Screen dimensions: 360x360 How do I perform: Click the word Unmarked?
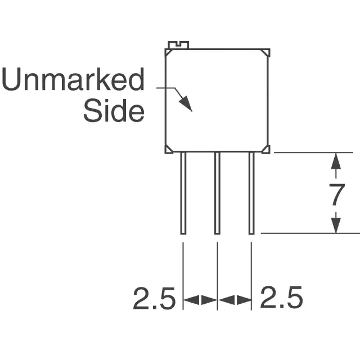pos(73,79)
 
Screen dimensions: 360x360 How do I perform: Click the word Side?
pos(114,110)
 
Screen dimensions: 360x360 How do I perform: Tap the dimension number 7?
pos(336,195)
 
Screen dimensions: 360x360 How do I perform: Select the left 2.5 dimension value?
pos(154,298)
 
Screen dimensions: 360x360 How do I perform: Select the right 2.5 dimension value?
pos(281,298)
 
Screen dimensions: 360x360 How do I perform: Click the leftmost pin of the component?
pos(183,193)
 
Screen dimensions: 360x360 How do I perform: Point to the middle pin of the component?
pos(217,193)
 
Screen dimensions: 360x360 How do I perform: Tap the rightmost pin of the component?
pos(251,193)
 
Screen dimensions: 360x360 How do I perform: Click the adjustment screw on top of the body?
pos(178,45)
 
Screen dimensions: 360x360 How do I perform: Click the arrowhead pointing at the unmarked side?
pos(186,103)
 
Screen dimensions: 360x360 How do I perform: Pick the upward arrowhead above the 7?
pos(336,161)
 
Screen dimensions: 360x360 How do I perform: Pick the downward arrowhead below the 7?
pos(336,225)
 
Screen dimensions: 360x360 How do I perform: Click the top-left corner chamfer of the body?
pos(169,52)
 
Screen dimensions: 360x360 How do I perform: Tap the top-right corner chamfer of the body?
pos(266,52)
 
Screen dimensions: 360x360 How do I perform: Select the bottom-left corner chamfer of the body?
pos(169,150)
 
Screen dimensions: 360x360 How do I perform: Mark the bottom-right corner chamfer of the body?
pos(266,150)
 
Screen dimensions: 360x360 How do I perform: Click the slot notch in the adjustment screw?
pos(178,43)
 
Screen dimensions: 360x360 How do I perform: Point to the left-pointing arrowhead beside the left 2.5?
pos(191,300)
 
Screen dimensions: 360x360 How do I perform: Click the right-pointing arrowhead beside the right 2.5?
pos(244,300)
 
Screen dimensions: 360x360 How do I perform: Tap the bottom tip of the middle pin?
pos(217,235)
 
